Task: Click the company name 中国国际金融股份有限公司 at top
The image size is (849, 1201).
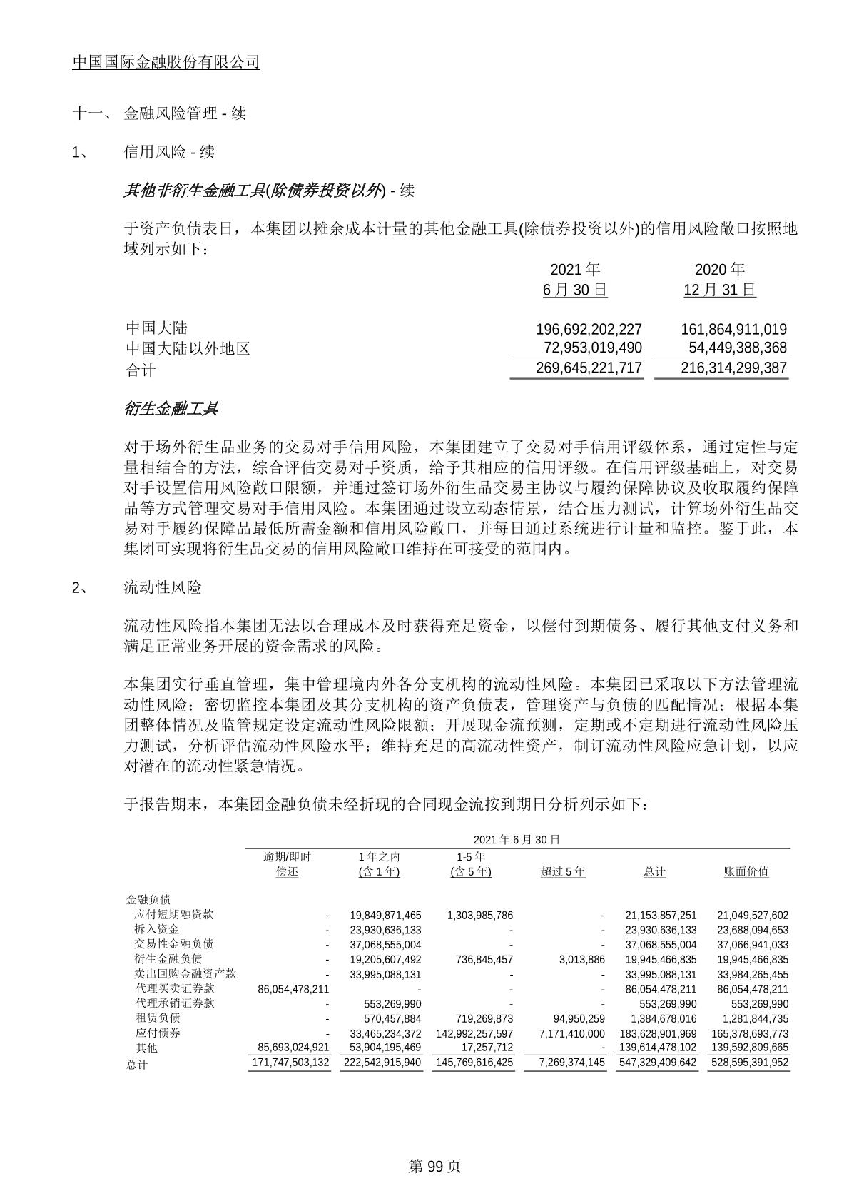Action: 166,62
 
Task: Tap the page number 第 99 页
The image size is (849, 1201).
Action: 434,1166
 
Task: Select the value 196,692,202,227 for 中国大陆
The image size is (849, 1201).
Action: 589,329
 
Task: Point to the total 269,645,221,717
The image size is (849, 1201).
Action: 589,368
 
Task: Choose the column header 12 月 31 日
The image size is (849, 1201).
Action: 719,290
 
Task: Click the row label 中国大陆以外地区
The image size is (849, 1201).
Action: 188,348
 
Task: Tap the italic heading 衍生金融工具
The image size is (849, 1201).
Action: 171,409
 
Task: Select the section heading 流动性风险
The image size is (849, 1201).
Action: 163,587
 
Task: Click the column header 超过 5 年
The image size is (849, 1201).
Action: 563,871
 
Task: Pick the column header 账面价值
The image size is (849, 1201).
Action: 746,871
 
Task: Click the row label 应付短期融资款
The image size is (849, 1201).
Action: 173,914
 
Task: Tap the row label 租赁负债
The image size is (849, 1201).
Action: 158,1018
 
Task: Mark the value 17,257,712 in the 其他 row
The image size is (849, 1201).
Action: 487,1048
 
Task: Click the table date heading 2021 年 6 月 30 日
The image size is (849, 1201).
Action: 517,839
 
